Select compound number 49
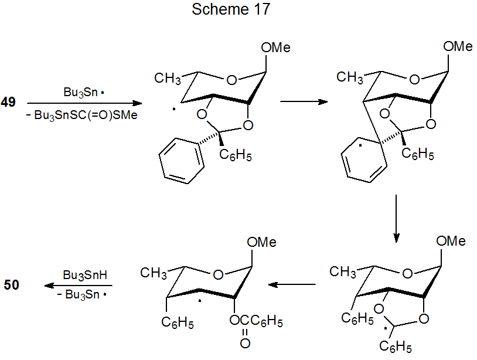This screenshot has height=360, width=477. pyautogui.click(x=8, y=103)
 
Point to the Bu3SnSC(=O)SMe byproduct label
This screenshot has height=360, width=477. pyautogui.click(x=86, y=115)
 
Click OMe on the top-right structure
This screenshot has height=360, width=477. pyautogui.click(x=458, y=47)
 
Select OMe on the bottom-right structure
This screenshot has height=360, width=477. pyautogui.click(x=451, y=241)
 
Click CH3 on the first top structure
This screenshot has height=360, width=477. pyautogui.click(x=167, y=77)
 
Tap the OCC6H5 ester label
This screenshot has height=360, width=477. pyautogui.click(x=257, y=322)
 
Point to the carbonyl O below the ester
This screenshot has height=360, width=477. pyautogui.click(x=244, y=343)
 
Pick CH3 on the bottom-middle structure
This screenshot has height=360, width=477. pyautogui.click(x=154, y=272)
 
